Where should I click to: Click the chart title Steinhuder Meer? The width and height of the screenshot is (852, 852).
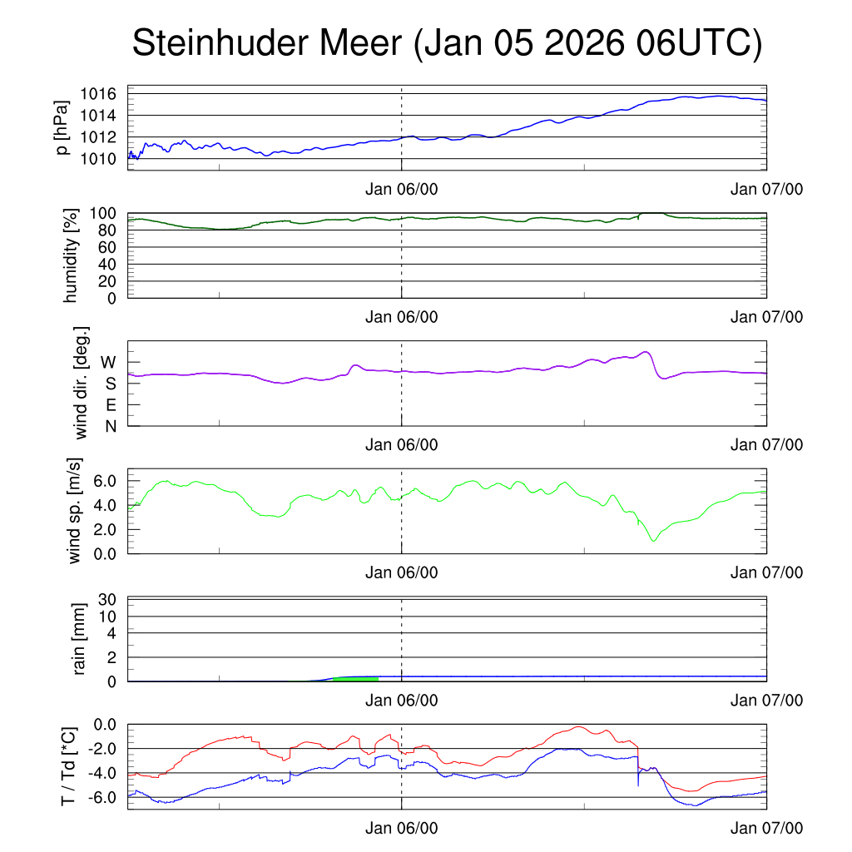pyautogui.click(x=446, y=43)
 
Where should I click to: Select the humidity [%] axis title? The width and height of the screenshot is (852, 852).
pyautogui.click(x=70, y=255)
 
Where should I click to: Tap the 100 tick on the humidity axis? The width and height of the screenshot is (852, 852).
pyautogui.click(x=103, y=213)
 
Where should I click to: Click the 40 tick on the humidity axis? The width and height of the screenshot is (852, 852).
pyautogui.click(x=108, y=264)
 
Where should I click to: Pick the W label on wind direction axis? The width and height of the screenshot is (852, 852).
pyautogui.click(x=109, y=362)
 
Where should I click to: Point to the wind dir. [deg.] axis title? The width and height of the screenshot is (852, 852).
pyautogui.click(x=81, y=383)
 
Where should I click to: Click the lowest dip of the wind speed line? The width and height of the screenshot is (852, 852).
pyautogui.click(x=654, y=541)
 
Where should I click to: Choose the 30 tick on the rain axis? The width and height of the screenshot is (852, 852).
pyautogui.click(x=108, y=599)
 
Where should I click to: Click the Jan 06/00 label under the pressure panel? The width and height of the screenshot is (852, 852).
pyautogui.click(x=401, y=189)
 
